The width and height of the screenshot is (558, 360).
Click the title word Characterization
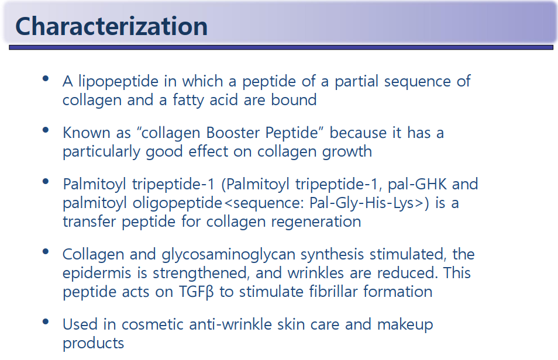[111, 27]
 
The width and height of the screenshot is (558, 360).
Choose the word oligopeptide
[178, 204]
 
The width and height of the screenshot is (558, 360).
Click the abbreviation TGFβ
[196, 292]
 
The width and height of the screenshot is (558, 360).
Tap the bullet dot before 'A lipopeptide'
[46, 79]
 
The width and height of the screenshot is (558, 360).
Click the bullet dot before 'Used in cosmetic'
[46, 321]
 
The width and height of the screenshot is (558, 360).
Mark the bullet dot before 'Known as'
[46, 130]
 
